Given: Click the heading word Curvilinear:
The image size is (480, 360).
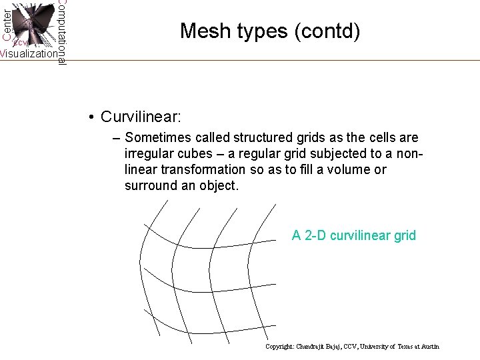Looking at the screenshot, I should [140, 117].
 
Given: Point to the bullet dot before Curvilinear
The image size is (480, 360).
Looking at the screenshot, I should [90, 117].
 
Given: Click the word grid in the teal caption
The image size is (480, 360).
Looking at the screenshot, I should [403, 235].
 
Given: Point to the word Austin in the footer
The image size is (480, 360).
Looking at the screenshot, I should [430, 347].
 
